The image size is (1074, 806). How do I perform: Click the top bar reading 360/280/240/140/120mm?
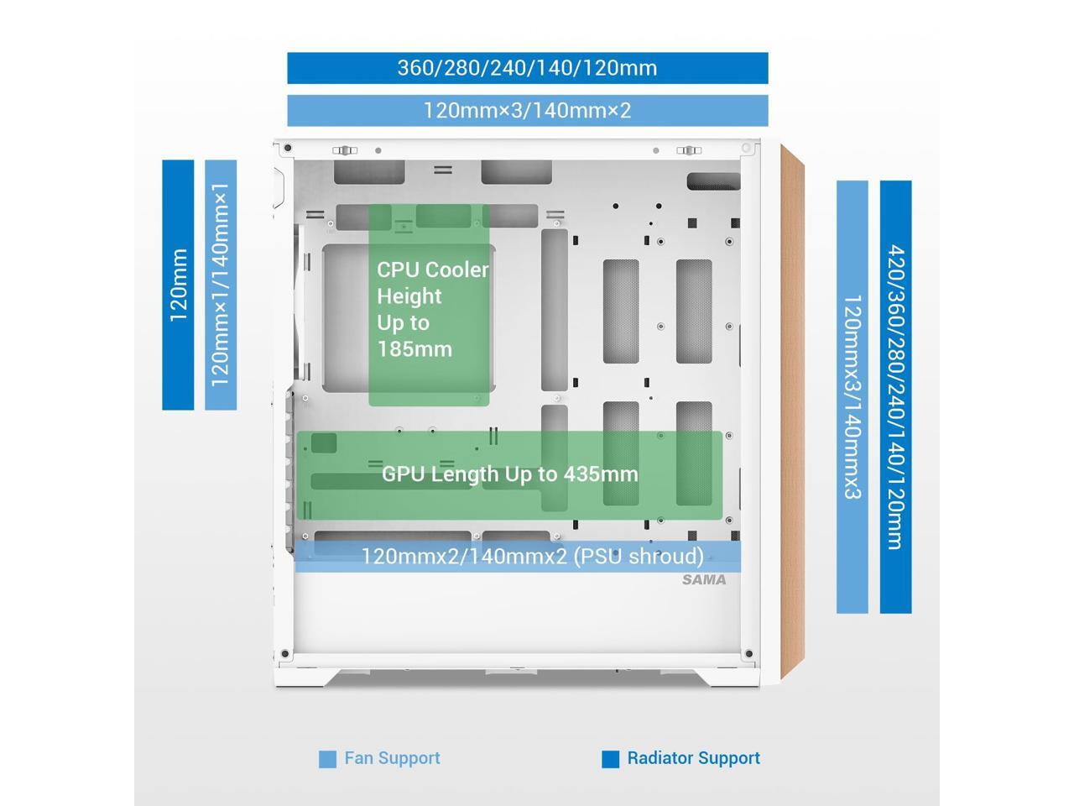[x=527, y=68]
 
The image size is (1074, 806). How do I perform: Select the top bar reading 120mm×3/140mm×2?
[x=527, y=110]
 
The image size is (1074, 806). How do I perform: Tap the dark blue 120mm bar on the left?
[x=178, y=285]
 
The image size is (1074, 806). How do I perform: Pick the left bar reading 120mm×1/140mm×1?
[x=221, y=285]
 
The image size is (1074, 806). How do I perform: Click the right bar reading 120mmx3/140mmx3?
[x=852, y=396]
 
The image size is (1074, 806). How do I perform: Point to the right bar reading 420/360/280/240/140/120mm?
[x=895, y=396]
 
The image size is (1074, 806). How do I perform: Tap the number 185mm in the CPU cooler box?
[x=414, y=349]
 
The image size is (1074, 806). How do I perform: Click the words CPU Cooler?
[x=432, y=270]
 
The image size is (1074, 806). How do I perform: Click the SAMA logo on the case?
[x=704, y=579]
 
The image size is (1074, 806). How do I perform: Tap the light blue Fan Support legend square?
[x=327, y=759]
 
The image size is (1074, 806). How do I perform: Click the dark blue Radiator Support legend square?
[x=610, y=759]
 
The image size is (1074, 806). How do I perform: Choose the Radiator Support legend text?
[x=693, y=758]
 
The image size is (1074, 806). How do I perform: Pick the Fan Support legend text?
[x=392, y=758]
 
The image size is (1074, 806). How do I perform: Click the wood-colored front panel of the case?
[x=793, y=411]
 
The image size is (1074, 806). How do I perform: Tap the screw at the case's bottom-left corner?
[x=285, y=654]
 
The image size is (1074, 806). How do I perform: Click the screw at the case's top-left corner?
[x=288, y=149]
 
